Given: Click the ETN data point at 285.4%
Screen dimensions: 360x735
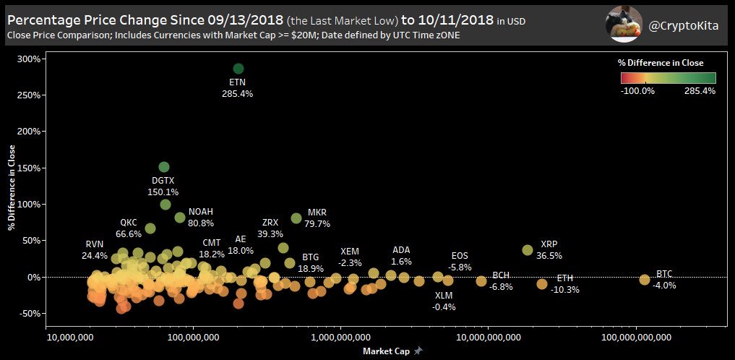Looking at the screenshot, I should point(238,69).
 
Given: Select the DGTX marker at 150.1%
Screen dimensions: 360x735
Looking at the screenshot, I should point(164,167).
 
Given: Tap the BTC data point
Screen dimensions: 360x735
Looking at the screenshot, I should point(645,279).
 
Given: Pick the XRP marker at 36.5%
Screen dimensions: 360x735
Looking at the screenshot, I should point(528,250).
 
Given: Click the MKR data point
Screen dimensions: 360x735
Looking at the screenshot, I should point(296,218).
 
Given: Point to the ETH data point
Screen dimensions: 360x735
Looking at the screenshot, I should point(542,284).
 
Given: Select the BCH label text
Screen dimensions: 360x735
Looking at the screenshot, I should point(501,275).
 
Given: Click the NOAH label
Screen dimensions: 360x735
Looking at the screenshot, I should point(201,212).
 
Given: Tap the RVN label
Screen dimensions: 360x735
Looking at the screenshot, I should point(95,244).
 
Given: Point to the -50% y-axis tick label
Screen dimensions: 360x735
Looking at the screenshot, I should point(27,314).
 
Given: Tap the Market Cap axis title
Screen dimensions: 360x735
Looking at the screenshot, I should point(385,351).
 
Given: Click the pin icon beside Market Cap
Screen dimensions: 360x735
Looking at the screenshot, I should point(418,351).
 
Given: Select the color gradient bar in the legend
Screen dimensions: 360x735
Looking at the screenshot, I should point(667,78).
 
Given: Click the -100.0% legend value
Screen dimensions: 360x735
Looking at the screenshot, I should point(637,91).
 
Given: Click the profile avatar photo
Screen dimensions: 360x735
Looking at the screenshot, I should point(622,24).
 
